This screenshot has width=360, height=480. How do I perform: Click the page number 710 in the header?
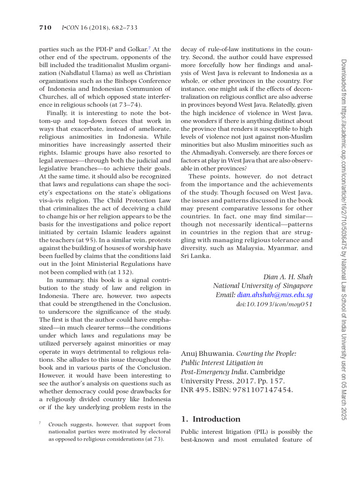click(44, 28)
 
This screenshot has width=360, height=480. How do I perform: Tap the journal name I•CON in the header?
click(68, 28)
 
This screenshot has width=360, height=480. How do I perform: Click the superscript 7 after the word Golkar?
click(150, 47)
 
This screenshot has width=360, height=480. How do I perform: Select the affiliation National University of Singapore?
click(262, 285)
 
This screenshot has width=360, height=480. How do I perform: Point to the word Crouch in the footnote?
click(58, 423)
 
